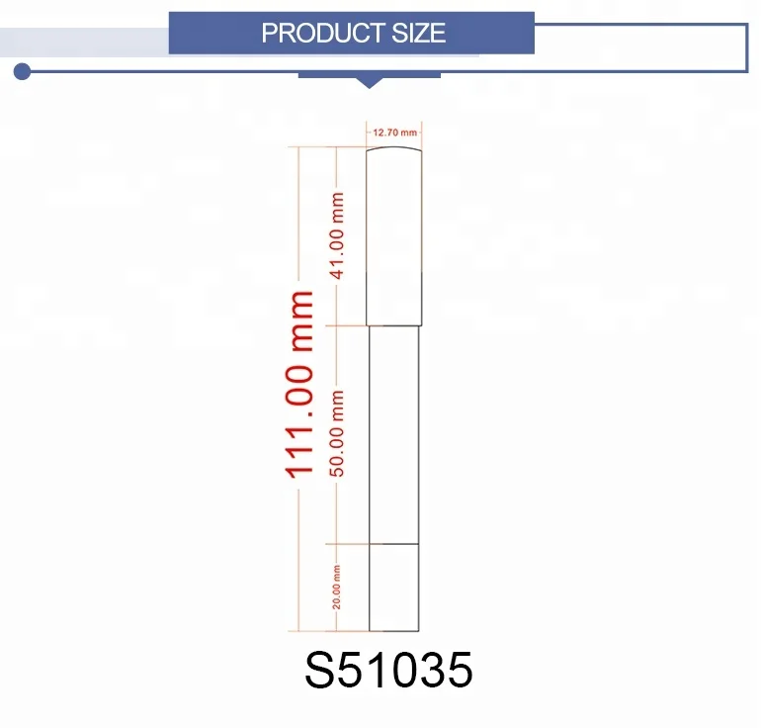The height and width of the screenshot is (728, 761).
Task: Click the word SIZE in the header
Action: pos(418,33)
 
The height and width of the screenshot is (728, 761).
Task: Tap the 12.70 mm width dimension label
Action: pos(394,133)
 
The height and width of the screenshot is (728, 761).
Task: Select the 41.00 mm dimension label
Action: pos(337,235)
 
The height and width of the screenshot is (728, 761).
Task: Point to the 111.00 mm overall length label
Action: pos(298,385)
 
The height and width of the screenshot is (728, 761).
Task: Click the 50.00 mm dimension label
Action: pos(337,433)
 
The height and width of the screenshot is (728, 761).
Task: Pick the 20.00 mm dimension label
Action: pos(336,588)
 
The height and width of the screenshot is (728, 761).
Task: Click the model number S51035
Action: pos(388,670)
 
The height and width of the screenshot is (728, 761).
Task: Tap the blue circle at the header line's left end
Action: pos(22,71)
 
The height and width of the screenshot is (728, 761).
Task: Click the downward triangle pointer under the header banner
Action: pos(369,82)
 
